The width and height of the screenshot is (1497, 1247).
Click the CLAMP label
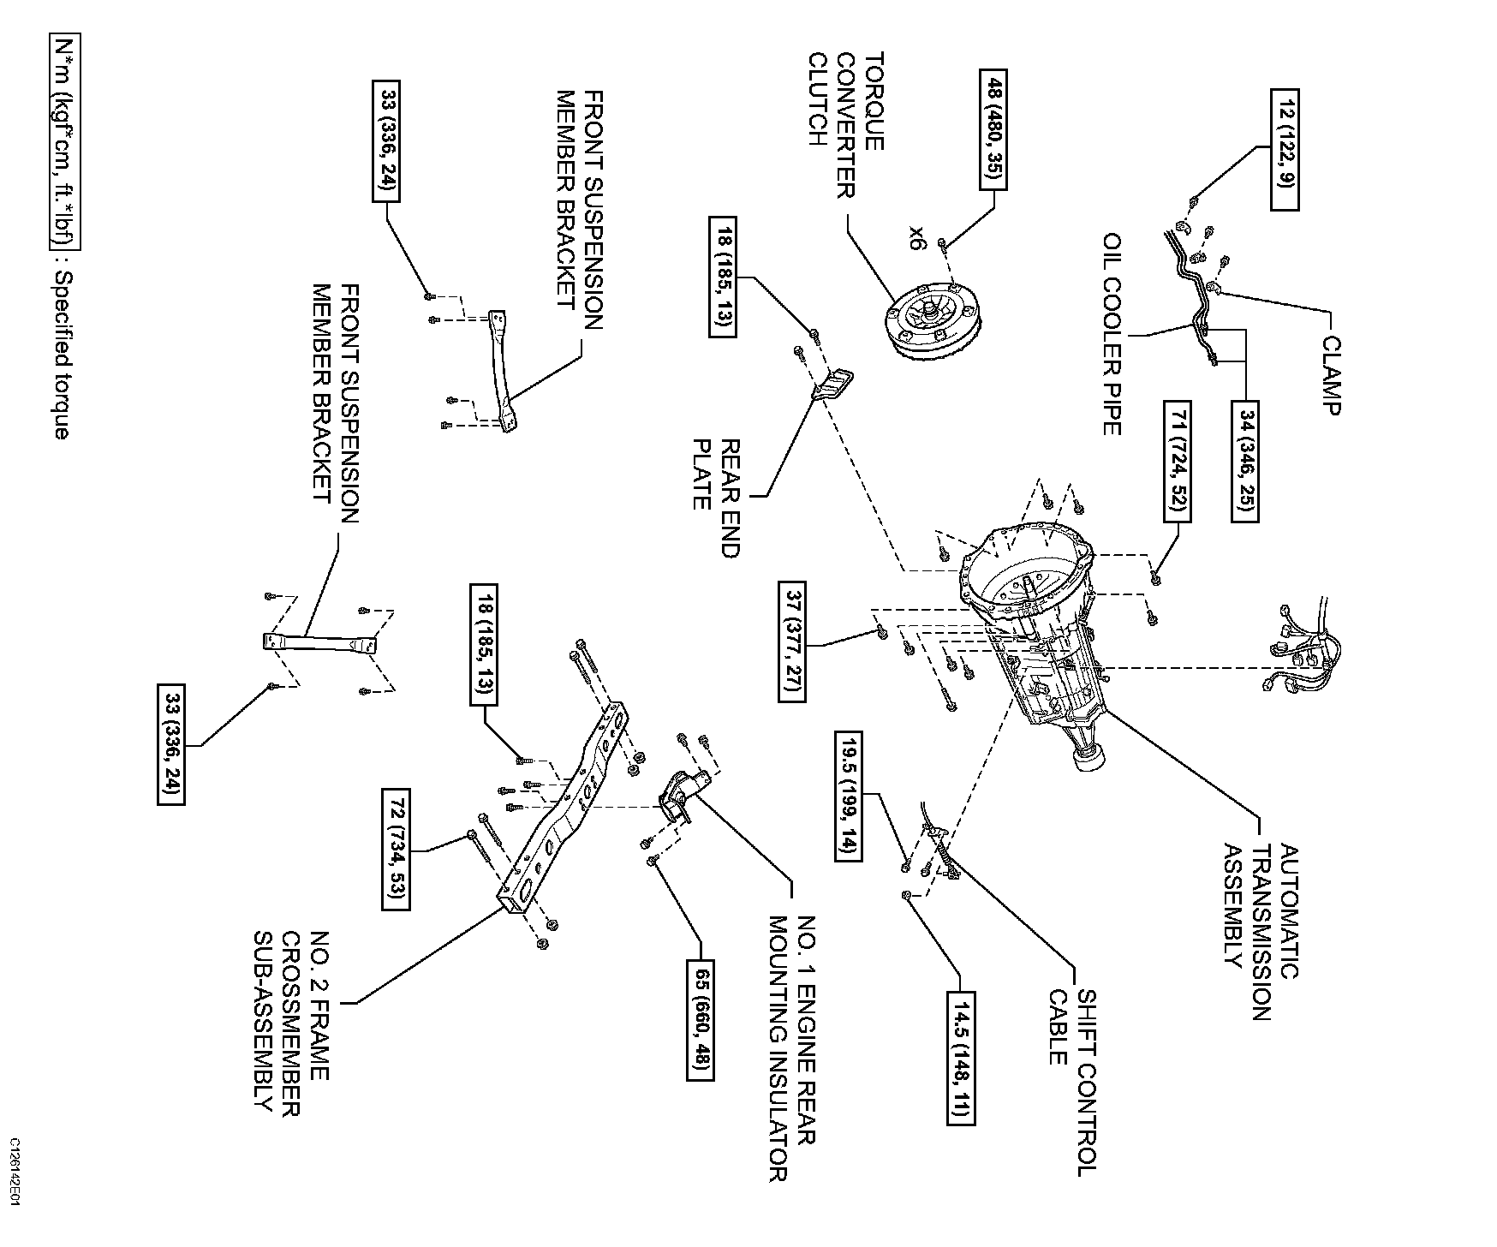pos(1330,375)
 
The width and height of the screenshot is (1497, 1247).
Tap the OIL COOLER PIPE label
pos(1112,333)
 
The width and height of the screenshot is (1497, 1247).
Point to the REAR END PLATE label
pos(716,498)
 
